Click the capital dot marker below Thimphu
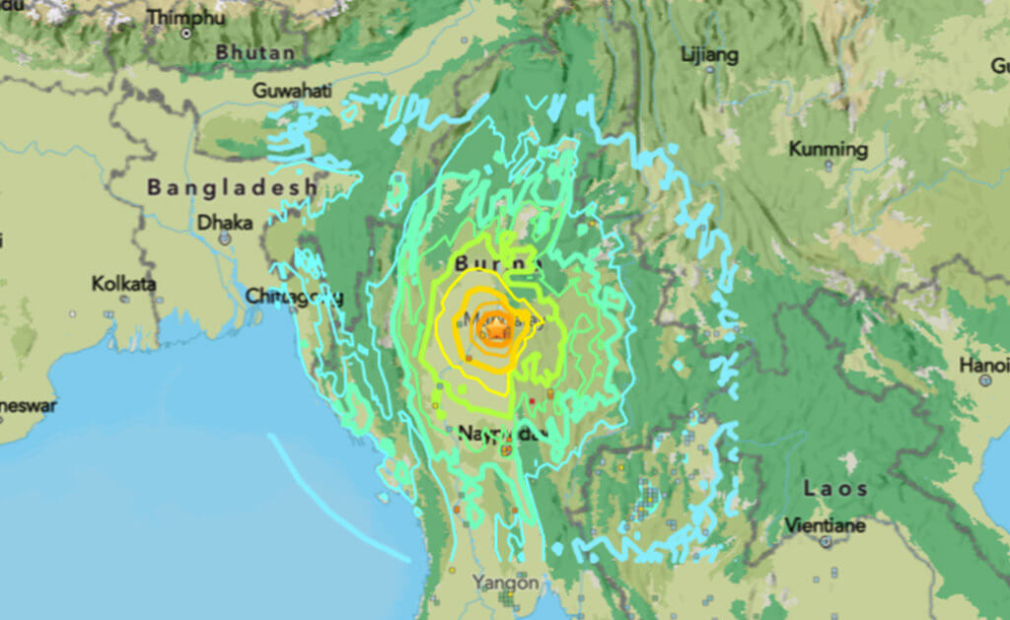186,34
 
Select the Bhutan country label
254,52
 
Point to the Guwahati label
292,90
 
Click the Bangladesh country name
232,186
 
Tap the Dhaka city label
225,222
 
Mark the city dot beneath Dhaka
224,238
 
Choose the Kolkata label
124,283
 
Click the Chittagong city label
294,296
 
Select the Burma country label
498,264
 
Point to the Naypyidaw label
499,433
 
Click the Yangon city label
505,582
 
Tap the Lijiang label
709,54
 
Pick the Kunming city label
828,150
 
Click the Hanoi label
984,366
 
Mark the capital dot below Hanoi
984,380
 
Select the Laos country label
834,488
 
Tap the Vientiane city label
826,525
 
